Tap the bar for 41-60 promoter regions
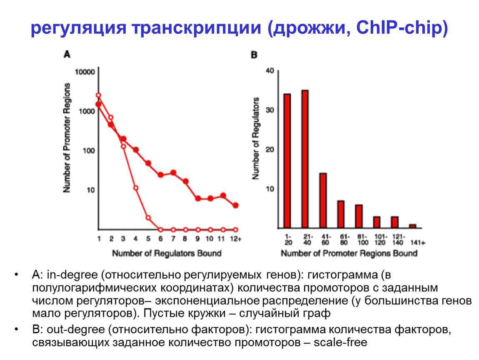tap(323, 200)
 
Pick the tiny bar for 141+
tap(412, 226)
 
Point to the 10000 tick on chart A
tap(86, 71)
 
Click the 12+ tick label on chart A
tap(236, 239)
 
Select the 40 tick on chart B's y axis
tap(269, 71)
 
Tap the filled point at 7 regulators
tap(173, 172)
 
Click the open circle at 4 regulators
tap(136, 188)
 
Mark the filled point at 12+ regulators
tap(236, 205)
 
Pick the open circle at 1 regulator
tap(98, 95)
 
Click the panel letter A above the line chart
tap(67, 54)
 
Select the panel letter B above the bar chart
tap(254, 54)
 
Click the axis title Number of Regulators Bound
tap(167, 253)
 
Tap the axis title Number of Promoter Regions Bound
tap(349, 253)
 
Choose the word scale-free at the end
tap(341, 343)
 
